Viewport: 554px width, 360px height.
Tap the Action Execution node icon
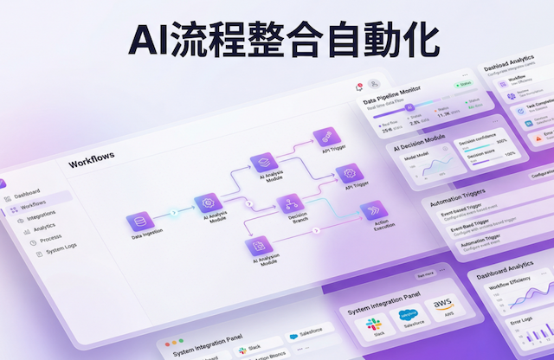372,212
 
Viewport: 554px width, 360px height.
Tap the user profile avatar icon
374,85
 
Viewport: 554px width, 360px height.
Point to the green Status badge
464,85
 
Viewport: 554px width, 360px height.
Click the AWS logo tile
443,306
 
